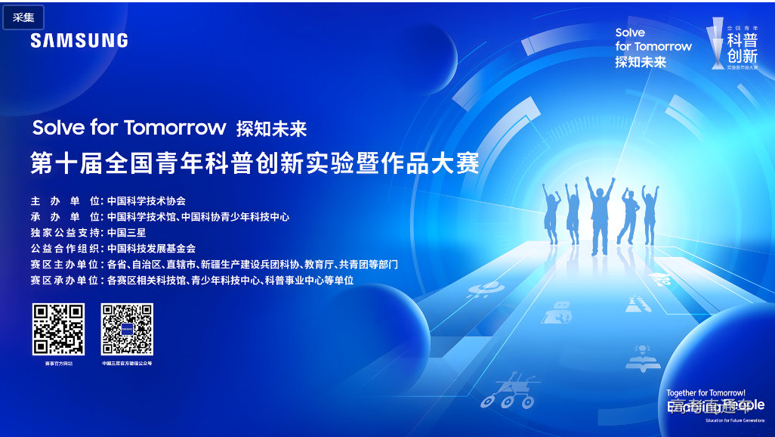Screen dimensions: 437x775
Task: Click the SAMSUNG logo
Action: pos(79,40)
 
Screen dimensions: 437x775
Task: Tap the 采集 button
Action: pos(23,17)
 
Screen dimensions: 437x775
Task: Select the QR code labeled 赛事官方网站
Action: pos(58,329)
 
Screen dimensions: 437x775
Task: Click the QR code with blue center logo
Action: pos(128,329)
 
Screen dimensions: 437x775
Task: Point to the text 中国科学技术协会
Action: pos(147,201)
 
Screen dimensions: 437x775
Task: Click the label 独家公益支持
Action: pos(65,232)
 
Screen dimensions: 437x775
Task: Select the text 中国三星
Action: pos(127,232)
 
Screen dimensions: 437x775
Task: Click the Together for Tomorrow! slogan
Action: pos(706,393)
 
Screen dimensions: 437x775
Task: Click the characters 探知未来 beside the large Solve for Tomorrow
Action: pos(271,129)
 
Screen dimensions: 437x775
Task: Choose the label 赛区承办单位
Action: pos(65,280)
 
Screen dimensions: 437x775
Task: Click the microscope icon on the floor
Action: pos(635,305)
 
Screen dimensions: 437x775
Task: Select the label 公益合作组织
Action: pos(65,248)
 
